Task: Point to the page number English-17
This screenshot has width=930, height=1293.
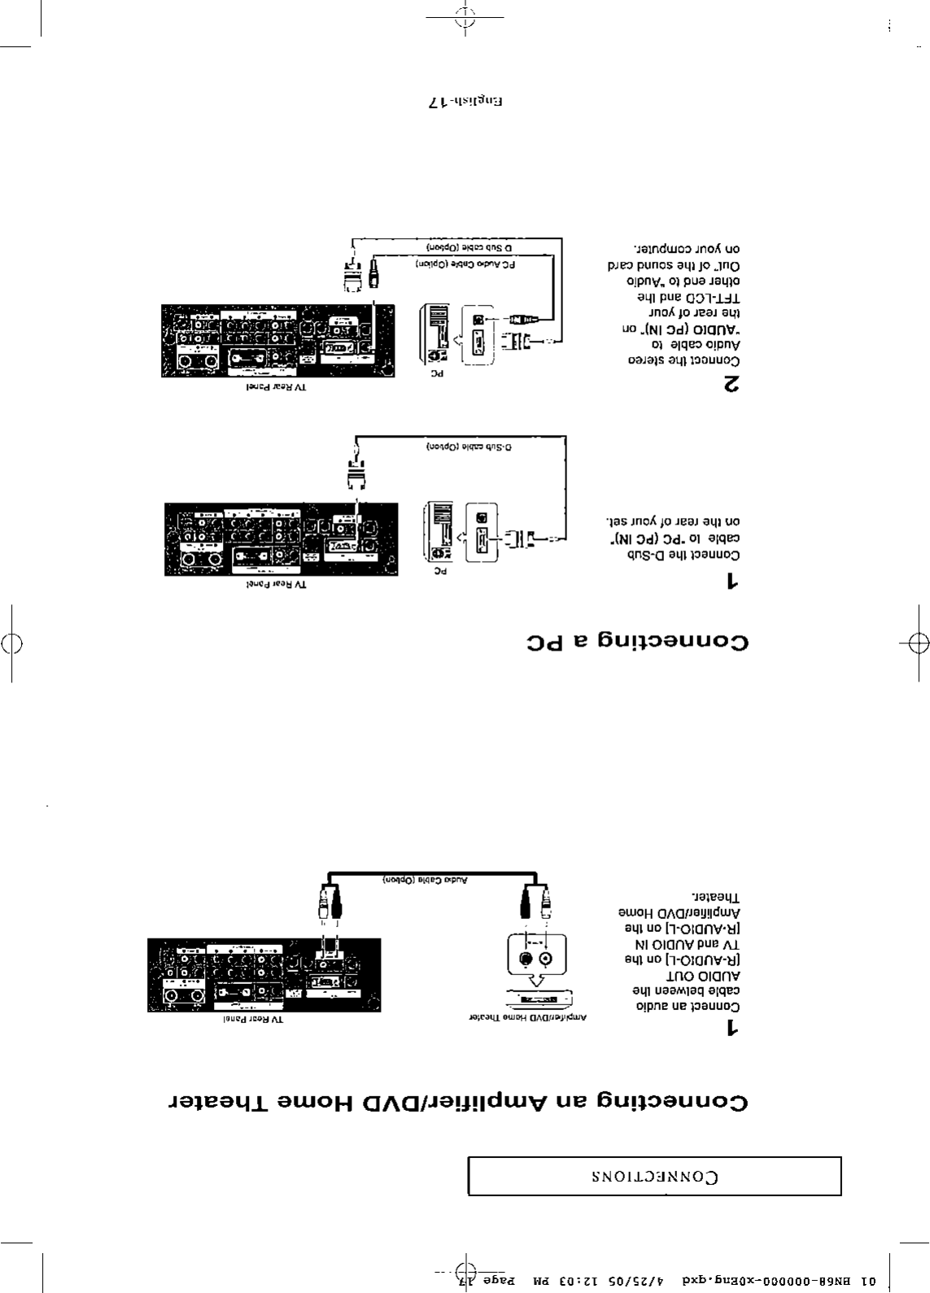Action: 465,103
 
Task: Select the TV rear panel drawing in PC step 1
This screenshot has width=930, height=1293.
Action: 282,539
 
